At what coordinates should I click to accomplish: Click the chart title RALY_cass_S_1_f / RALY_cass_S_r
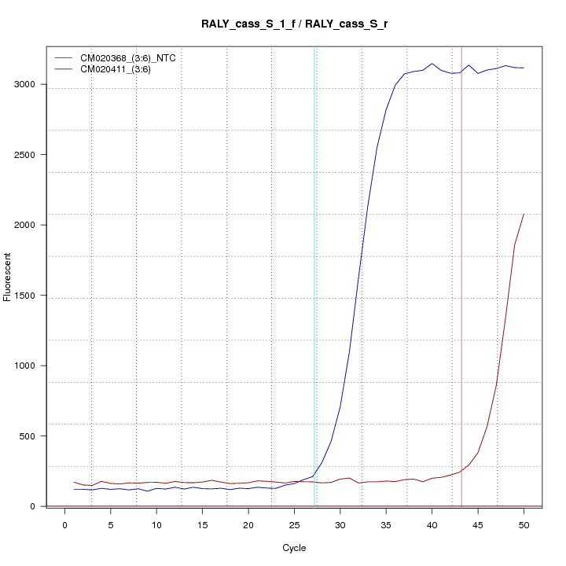coord(293,24)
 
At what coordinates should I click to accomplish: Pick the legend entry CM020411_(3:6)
coord(121,69)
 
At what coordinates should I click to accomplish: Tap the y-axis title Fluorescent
coord(9,276)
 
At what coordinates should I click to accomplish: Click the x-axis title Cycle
coord(293,548)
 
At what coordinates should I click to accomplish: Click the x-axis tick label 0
coord(64,525)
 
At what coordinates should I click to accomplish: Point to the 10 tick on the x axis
coord(156,525)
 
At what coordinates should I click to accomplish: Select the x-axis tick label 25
coord(294,525)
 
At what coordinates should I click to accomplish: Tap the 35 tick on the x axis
coord(386,525)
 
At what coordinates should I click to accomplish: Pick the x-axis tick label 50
coord(524,525)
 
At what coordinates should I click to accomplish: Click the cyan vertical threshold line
coord(315,275)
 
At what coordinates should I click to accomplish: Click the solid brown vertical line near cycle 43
coord(461,275)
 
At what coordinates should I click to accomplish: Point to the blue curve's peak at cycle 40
coord(432,64)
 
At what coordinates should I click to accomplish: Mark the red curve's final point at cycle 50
coord(524,214)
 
